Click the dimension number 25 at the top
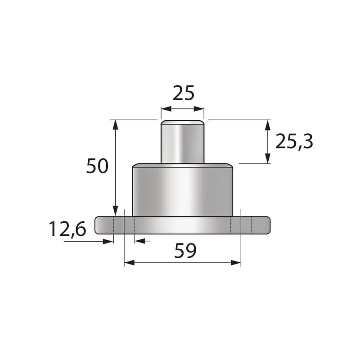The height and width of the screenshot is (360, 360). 184,93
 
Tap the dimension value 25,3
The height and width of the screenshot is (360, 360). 294,142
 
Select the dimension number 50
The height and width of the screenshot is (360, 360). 97,166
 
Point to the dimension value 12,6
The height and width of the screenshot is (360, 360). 67,229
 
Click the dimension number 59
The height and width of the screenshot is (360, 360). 185,251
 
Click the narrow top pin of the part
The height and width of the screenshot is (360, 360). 183,142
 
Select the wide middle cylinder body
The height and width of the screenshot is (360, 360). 183,190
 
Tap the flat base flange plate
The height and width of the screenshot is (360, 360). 183,225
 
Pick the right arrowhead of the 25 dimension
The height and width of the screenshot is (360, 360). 199,109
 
